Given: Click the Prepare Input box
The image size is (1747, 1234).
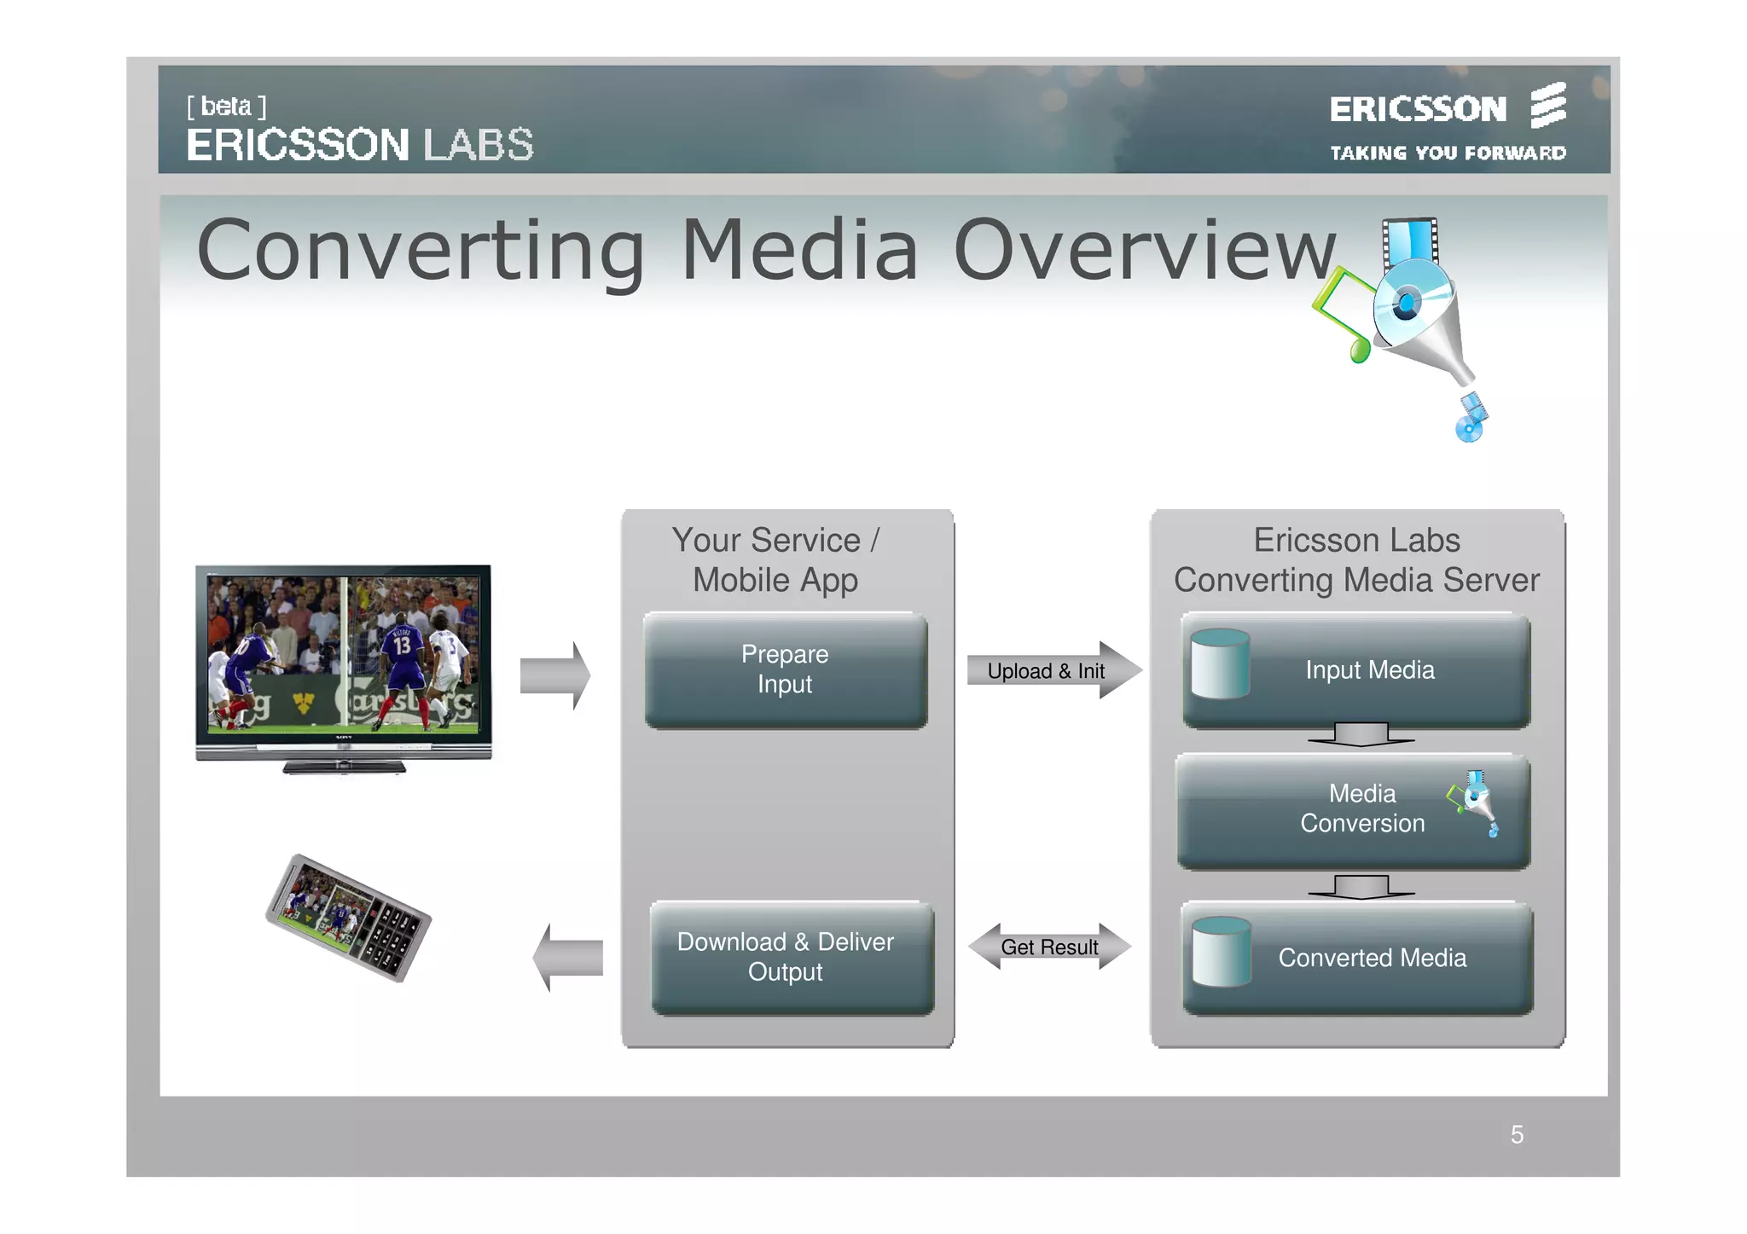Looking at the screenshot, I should (785, 670).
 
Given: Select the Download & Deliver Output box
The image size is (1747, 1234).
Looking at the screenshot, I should (791, 958).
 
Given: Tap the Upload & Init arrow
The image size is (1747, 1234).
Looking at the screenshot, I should (1053, 671).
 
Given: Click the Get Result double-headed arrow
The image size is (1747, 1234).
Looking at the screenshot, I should (1049, 947).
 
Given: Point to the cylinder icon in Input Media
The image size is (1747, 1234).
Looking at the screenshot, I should (1220, 664).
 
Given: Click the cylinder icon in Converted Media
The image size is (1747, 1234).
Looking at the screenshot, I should (1221, 952).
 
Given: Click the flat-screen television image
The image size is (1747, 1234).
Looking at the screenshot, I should (344, 665).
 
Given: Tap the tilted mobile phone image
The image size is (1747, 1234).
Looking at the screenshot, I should (348, 918).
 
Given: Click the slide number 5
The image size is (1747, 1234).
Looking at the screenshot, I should (1516, 1134).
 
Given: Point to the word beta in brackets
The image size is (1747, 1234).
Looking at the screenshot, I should (226, 107).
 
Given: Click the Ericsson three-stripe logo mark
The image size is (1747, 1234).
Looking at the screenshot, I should (1547, 106).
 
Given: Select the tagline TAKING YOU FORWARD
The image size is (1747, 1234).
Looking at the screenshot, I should (1448, 154).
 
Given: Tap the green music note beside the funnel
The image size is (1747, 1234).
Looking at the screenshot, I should (1344, 316).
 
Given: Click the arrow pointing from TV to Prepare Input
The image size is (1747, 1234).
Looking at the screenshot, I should (554, 675).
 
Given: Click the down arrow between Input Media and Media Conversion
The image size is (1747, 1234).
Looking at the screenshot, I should (1361, 734).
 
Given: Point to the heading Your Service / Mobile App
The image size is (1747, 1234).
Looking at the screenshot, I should (775, 559).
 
